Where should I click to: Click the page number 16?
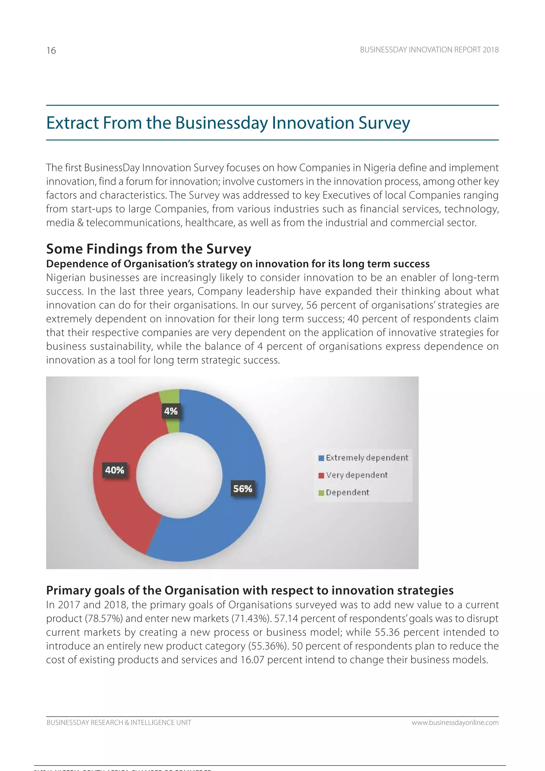pyautogui.click(x=51, y=50)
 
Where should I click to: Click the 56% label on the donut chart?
pyautogui.click(x=242, y=488)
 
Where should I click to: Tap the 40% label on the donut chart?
pyautogui.click(x=114, y=470)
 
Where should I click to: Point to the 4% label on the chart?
pyautogui.click(x=171, y=411)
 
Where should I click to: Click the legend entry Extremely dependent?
pyautogui.click(x=366, y=457)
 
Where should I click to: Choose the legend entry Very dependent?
pyautogui.click(x=356, y=475)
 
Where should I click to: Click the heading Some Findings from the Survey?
pyautogui.click(x=148, y=249)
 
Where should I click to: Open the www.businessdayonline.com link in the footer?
pyautogui.click(x=455, y=722)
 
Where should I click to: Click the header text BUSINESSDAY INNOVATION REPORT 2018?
pyautogui.click(x=429, y=50)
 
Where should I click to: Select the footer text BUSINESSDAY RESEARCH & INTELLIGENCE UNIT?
pyautogui.click(x=119, y=722)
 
